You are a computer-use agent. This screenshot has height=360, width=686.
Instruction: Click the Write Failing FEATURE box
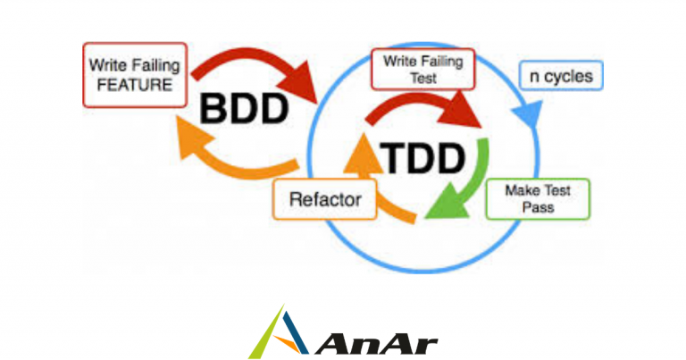coord(135,75)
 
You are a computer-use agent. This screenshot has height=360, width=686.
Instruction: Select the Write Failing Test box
coord(423,69)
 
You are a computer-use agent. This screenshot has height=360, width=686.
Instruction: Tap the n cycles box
coord(561,76)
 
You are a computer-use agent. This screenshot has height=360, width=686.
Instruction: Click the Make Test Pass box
coord(538,199)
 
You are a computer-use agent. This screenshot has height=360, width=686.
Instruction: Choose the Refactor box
coord(325,199)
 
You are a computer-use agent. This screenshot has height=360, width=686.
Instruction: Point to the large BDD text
coord(244,109)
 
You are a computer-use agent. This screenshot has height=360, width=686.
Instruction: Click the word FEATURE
coord(134,85)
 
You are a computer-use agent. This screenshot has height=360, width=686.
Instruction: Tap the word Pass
coord(538,207)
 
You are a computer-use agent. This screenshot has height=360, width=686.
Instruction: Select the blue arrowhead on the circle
coord(528,114)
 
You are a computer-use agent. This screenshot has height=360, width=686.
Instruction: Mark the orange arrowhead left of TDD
coord(363,154)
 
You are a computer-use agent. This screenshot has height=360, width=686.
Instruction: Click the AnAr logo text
coord(376,345)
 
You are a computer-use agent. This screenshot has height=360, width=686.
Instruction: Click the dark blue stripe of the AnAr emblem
coord(295,332)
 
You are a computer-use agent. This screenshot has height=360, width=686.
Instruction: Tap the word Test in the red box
coord(423,79)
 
